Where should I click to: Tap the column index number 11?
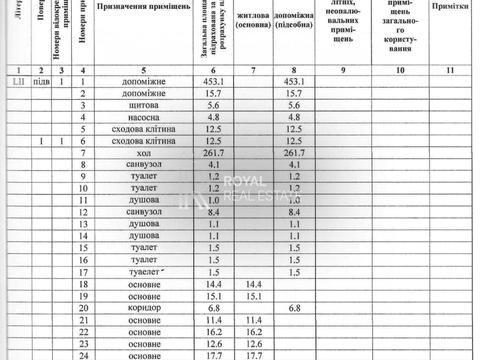(451, 70)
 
